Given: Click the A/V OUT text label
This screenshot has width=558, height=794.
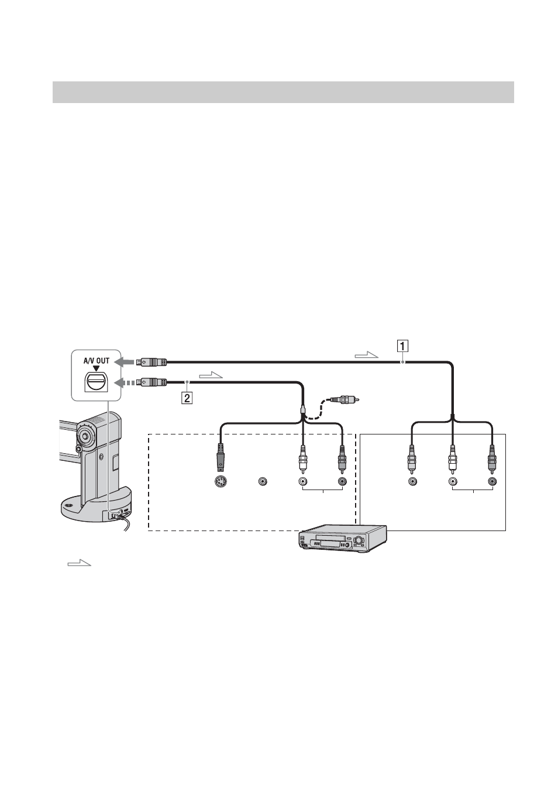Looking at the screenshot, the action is pos(97,361).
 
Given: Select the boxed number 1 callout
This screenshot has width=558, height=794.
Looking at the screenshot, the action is pos(402,345).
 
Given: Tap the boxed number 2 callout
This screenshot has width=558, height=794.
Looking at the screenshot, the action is pos(187,398).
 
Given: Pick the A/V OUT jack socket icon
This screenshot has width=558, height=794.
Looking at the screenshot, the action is pos(96,381).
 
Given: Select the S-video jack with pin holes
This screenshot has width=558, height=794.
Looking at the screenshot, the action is pos(221,482).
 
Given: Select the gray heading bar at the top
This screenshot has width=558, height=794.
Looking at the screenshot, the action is pos(283,92).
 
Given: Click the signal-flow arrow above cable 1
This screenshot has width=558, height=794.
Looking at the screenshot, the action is pos(367,355).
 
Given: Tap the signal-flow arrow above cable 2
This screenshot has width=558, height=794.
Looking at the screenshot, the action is pos(211,375).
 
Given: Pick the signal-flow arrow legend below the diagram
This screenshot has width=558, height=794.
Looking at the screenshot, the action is pos(80,563).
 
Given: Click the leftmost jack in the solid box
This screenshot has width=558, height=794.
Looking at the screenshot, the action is pos(412,481).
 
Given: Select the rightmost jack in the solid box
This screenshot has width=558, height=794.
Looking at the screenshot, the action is pos(492,481).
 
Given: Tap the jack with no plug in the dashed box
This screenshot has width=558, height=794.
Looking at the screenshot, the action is pos(263,481).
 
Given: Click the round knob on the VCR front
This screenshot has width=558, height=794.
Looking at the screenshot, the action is pos(359,541).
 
